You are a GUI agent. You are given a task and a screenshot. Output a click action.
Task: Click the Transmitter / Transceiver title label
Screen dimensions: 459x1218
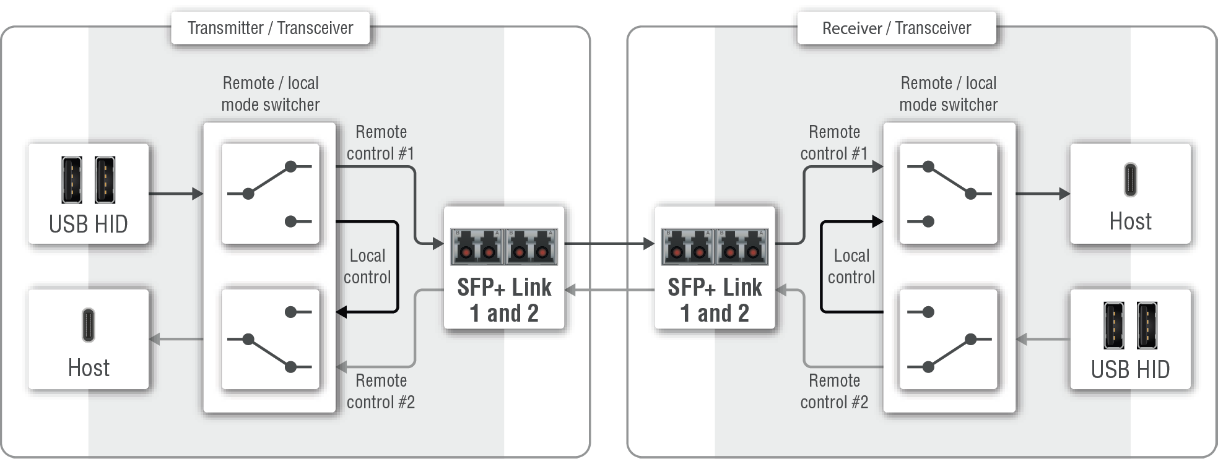pyautogui.click(x=270, y=28)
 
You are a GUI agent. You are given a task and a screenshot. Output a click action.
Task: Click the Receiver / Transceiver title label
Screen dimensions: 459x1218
pyautogui.click(x=896, y=28)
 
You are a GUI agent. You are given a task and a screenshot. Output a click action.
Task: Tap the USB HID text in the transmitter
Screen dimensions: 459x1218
pyautogui.click(x=89, y=224)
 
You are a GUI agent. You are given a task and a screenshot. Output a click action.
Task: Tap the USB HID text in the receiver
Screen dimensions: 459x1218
pyautogui.click(x=1130, y=369)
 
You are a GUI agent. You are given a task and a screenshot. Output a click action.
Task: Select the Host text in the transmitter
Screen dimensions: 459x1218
pyautogui.click(x=89, y=368)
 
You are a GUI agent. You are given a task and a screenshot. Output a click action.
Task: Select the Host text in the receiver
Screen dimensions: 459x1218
pyautogui.click(x=1130, y=221)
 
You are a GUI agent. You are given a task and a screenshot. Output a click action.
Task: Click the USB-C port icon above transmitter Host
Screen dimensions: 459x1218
pyautogui.click(x=89, y=325)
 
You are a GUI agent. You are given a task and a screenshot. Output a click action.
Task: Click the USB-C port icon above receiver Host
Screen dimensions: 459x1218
pyautogui.click(x=1130, y=179)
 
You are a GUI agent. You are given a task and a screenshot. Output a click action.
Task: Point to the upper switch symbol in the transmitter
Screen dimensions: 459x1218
pyautogui.click(x=270, y=193)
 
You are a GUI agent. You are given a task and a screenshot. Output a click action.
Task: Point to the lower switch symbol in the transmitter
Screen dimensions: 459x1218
pyautogui.click(x=270, y=339)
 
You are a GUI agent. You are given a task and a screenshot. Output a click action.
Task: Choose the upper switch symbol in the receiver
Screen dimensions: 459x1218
pyautogui.click(x=948, y=193)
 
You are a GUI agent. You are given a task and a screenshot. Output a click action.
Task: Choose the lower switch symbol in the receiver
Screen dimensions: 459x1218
pyautogui.click(x=948, y=339)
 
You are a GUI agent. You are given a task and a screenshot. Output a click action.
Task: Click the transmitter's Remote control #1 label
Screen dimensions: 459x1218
pyautogui.click(x=380, y=143)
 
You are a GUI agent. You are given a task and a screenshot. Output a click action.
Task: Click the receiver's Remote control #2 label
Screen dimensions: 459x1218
pyautogui.click(x=834, y=391)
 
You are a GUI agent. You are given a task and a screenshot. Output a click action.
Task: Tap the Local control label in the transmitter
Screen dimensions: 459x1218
pyautogui.click(x=367, y=267)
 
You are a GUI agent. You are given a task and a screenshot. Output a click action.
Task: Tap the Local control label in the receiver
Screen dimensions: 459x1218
pyautogui.click(x=851, y=267)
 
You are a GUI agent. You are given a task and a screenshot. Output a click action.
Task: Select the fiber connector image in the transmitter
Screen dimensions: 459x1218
pyautogui.click(x=504, y=247)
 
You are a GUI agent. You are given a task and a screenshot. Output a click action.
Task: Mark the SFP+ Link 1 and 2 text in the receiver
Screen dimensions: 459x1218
pyautogui.click(x=715, y=300)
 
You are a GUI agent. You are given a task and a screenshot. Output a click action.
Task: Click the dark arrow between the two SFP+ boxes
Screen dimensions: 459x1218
pyautogui.click(x=609, y=244)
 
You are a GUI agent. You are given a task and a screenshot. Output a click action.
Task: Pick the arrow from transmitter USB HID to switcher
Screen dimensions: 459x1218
pyautogui.click(x=176, y=194)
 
